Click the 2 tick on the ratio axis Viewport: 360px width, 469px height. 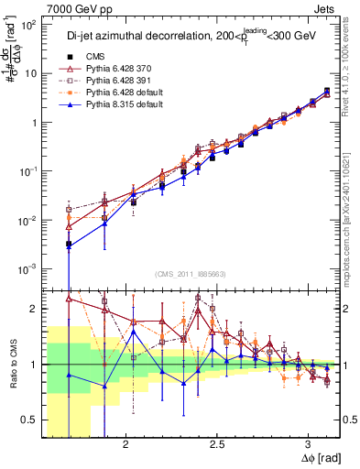(36, 309)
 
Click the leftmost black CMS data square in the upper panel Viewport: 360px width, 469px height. (69, 245)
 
